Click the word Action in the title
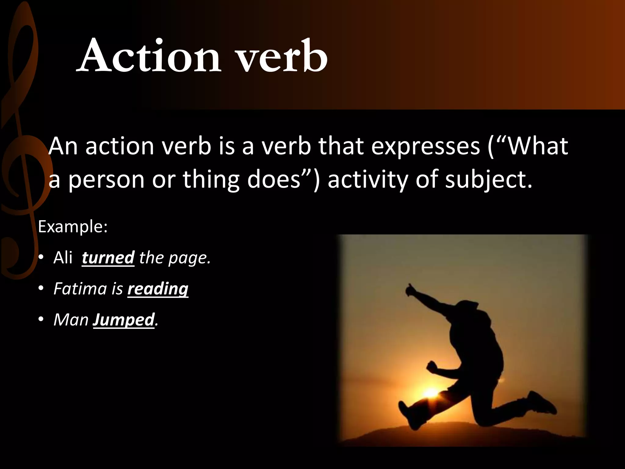(150, 56)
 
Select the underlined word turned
(108, 258)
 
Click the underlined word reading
(158, 289)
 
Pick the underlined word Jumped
(124, 320)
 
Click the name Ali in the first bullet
(63, 258)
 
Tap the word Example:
(73, 227)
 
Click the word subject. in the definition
(489, 180)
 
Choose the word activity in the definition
(368, 180)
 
